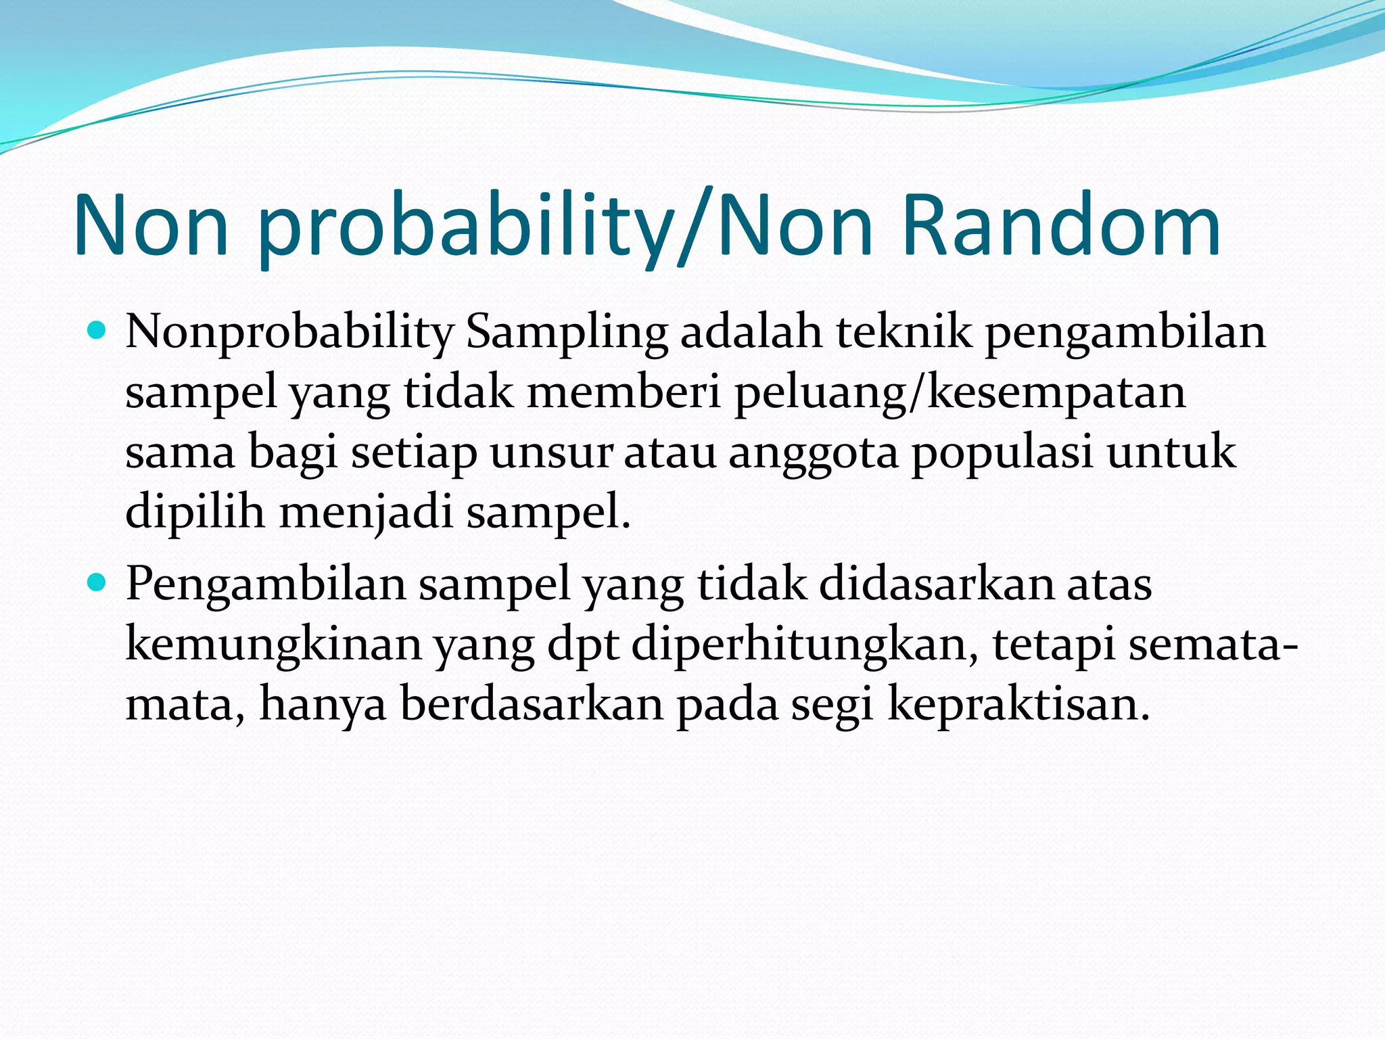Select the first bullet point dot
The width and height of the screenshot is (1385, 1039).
coord(98,331)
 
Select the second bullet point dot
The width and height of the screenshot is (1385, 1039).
coord(98,582)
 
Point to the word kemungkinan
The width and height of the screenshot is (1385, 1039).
coord(274,645)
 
